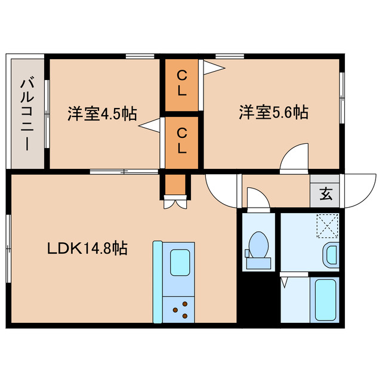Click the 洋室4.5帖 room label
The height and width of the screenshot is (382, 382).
pyautogui.click(x=102, y=113)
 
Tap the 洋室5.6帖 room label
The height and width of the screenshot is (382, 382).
pyautogui.click(x=275, y=112)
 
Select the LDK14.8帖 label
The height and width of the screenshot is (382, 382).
pyautogui.click(x=87, y=248)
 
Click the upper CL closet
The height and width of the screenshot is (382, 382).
pyautogui.click(x=182, y=84)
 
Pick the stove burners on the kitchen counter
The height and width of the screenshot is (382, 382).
pyautogui.click(x=181, y=309)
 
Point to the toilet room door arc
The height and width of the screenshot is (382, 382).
pyautogui.click(x=257, y=198)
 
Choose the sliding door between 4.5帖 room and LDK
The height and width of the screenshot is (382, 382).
pyautogui.click(x=124, y=172)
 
